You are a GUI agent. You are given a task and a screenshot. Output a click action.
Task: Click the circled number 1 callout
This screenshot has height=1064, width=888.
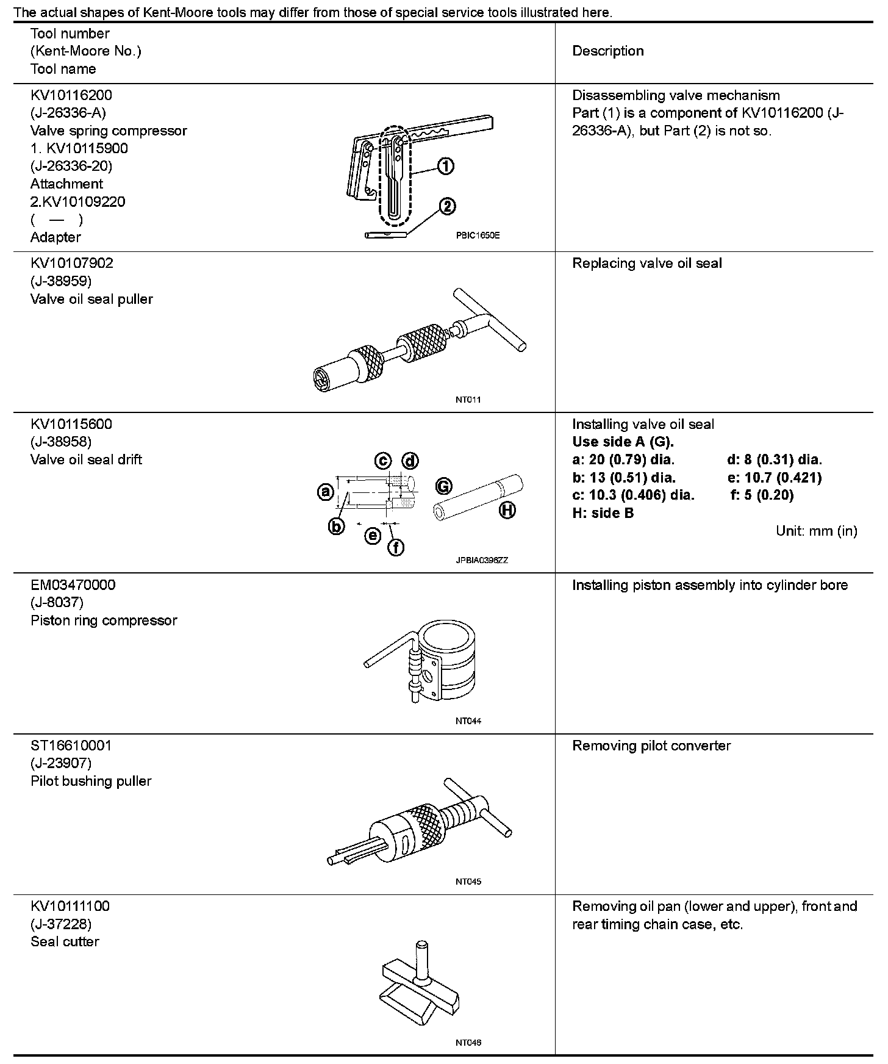pos(446,167)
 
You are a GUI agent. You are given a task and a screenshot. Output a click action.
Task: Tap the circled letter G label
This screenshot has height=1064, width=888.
pos(443,486)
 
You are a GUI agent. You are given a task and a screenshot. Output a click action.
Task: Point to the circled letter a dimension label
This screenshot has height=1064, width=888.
pos(326,491)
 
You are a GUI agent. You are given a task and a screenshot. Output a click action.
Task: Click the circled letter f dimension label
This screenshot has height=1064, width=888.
pos(396,548)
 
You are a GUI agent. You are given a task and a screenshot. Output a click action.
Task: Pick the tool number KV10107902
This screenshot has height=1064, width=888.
pos(72,263)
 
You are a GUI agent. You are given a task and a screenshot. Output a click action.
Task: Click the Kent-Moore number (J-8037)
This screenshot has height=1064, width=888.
pos(57,602)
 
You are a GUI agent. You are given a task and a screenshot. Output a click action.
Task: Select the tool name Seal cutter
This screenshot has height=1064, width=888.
pos(65,941)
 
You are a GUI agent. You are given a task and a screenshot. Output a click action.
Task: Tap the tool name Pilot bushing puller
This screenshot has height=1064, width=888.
pos(91,781)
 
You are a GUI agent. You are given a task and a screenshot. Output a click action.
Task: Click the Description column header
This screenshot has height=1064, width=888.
pos(607,51)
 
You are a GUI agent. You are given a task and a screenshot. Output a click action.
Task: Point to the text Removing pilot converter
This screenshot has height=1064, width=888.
pos(651,746)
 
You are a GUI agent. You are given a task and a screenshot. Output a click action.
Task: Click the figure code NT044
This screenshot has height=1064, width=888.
pos(468,721)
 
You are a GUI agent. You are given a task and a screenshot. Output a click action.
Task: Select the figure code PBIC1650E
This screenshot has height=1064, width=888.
pos(477,235)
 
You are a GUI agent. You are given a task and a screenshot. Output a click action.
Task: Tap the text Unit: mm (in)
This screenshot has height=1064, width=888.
pos(816,531)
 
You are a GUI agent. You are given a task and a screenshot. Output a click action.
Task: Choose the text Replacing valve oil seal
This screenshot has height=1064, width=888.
pos(646,263)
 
